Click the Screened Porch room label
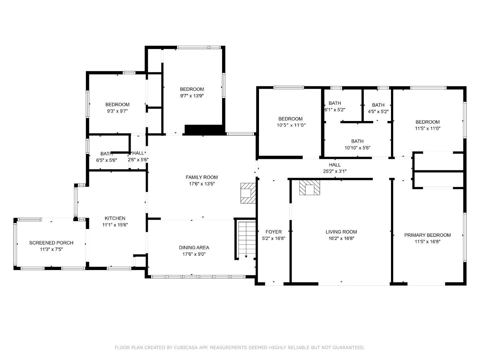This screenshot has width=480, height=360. pyautogui.click(x=51, y=243)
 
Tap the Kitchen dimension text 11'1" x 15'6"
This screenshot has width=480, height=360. pyautogui.click(x=115, y=225)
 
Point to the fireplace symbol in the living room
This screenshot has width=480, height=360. pyautogui.click(x=309, y=188)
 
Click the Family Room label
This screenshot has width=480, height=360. pyautogui.click(x=202, y=177)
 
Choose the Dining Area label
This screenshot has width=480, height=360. pyautogui.click(x=194, y=247)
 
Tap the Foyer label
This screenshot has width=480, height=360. pyautogui.click(x=273, y=232)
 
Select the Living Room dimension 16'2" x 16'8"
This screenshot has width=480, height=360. pyautogui.click(x=341, y=238)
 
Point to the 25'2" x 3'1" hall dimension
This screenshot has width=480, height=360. pyautogui.click(x=335, y=171)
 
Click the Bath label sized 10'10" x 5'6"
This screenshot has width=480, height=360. pyautogui.click(x=357, y=141)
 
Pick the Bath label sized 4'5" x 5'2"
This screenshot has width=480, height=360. pyautogui.click(x=378, y=105)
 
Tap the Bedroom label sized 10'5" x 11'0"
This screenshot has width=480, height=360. pyautogui.click(x=290, y=119)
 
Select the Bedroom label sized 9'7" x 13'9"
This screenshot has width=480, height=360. pyautogui.click(x=192, y=89)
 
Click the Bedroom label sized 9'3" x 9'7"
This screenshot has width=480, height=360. pyautogui.click(x=117, y=104)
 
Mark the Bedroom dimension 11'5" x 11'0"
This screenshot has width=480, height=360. pyautogui.click(x=427, y=128)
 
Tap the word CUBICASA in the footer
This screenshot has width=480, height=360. pyautogui.click(x=186, y=348)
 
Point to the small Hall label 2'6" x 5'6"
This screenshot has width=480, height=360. pyautogui.click(x=138, y=153)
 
